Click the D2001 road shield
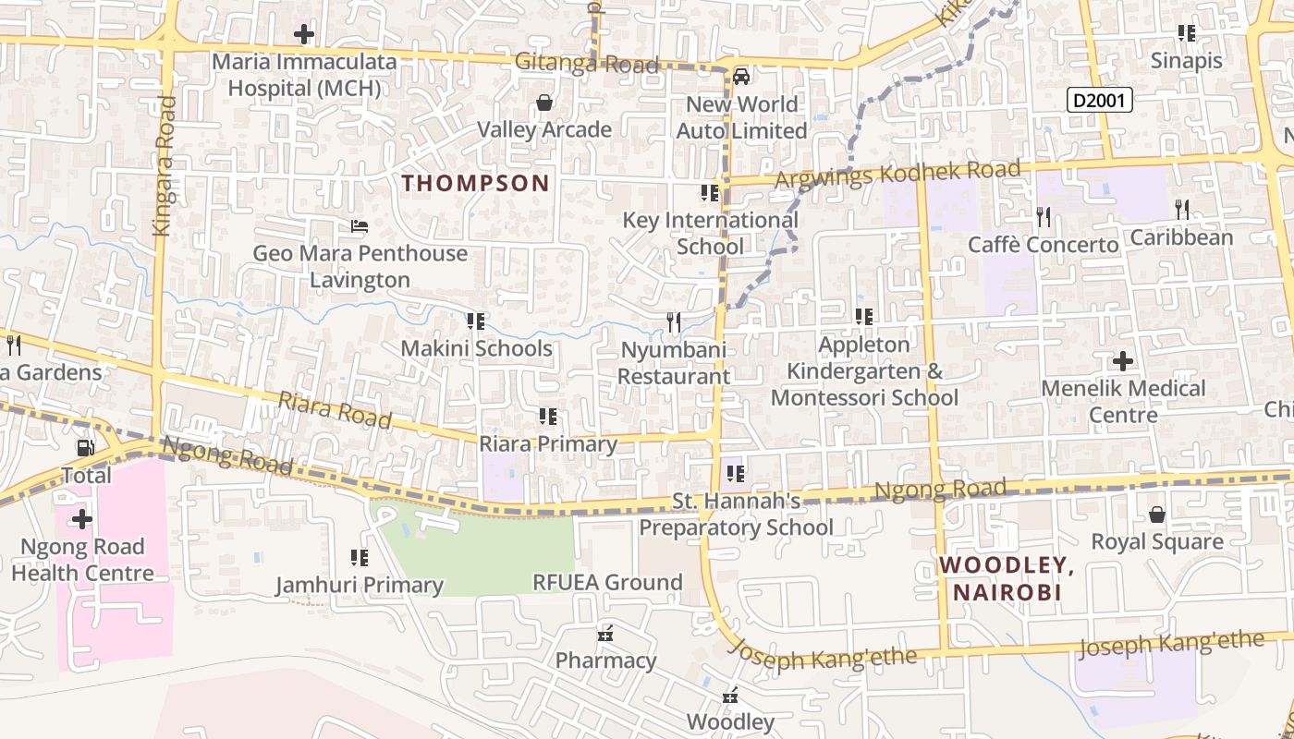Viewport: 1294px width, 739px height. click(1099, 100)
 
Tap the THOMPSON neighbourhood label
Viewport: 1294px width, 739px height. click(476, 183)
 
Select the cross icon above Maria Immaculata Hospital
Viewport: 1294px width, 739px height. click(303, 35)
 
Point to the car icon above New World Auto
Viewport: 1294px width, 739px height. click(740, 76)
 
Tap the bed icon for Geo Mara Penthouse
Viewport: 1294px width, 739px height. click(360, 225)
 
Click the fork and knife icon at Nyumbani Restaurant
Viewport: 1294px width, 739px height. click(674, 322)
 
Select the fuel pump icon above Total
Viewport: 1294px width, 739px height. click(85, 448)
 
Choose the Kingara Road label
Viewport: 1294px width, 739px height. click(165, 166)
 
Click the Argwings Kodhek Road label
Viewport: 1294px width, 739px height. click(897, 173)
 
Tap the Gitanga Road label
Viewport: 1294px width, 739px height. click(587, 64)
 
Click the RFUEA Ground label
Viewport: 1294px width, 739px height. click(607, 582)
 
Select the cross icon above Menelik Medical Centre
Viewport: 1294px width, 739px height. click(1123, 360)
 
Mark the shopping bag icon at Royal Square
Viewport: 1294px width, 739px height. click(1156, 514)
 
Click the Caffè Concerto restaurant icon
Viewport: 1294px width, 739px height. click(1043, 217)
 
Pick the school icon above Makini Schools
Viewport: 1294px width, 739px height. click(476, 321)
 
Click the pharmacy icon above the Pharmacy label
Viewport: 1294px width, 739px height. click(606, 634)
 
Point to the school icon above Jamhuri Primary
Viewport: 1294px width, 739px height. click(360, 558)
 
